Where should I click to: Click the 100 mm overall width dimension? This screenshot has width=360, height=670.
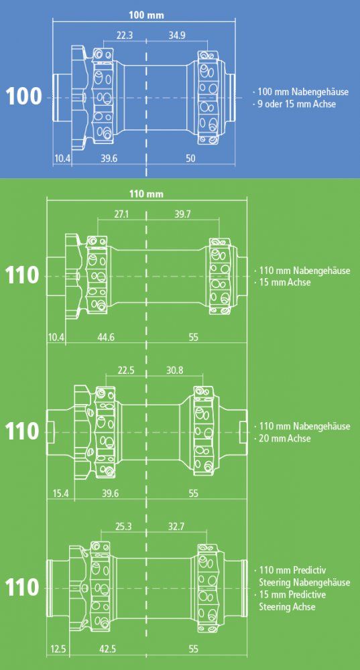146,16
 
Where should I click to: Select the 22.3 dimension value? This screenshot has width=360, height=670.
125,36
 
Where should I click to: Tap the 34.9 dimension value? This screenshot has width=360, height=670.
176,36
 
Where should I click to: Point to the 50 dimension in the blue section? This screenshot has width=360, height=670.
190,158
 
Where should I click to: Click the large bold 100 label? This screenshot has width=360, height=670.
24,97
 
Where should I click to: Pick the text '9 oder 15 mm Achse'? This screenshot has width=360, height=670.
295,104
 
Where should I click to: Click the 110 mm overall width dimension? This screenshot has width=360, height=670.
146,194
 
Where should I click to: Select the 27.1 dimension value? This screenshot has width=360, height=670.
121,214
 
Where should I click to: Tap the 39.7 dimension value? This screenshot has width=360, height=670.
182,214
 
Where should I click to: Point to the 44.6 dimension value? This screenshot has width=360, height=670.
106,337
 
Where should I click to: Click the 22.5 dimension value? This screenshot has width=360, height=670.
125,370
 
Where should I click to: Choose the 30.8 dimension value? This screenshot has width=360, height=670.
174,370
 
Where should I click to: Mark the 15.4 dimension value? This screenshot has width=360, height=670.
60,494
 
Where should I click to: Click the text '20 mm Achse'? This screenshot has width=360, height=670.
285,438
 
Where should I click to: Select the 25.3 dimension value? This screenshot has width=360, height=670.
123,527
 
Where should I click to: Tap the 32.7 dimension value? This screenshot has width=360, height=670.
176,527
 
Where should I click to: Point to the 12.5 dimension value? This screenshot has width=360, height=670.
58,649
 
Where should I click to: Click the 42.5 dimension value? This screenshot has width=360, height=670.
107,649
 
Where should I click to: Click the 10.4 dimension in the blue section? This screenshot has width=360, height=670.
62,158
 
